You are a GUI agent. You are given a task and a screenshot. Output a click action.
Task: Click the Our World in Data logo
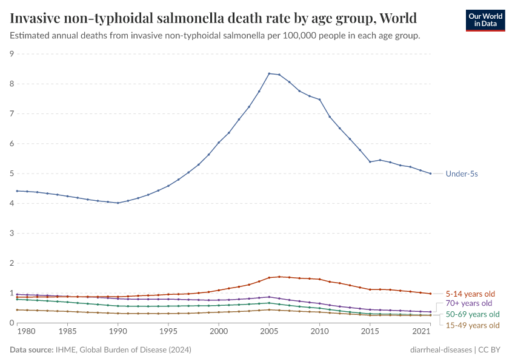pos(485,20)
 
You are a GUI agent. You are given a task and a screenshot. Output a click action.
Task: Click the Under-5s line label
pos(462,174)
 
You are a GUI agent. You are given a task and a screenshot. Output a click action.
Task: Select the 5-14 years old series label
pos(470,294)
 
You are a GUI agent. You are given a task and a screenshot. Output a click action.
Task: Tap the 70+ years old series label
pos(469,303)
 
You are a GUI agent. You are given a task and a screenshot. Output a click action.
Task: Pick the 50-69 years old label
pos(473,314)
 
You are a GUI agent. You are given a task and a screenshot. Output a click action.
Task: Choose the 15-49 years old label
pos(473,325)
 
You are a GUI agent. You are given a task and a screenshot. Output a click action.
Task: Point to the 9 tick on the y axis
pos(12,54)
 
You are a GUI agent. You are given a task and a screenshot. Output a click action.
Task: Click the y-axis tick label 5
pos(12,174)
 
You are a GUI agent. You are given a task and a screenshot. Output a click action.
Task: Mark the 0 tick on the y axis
pos(12,323)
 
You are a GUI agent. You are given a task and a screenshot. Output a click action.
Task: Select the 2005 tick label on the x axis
pos(269,332)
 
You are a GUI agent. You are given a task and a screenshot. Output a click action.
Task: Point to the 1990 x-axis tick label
pos(118,332)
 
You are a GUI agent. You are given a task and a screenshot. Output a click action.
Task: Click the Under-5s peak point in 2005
pos(269,73)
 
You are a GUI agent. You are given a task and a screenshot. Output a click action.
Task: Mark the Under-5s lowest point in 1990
pos(118,203)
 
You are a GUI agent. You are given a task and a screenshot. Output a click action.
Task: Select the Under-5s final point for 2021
pos(430,174)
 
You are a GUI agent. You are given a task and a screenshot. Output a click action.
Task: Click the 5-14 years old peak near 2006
pos(279,277)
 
